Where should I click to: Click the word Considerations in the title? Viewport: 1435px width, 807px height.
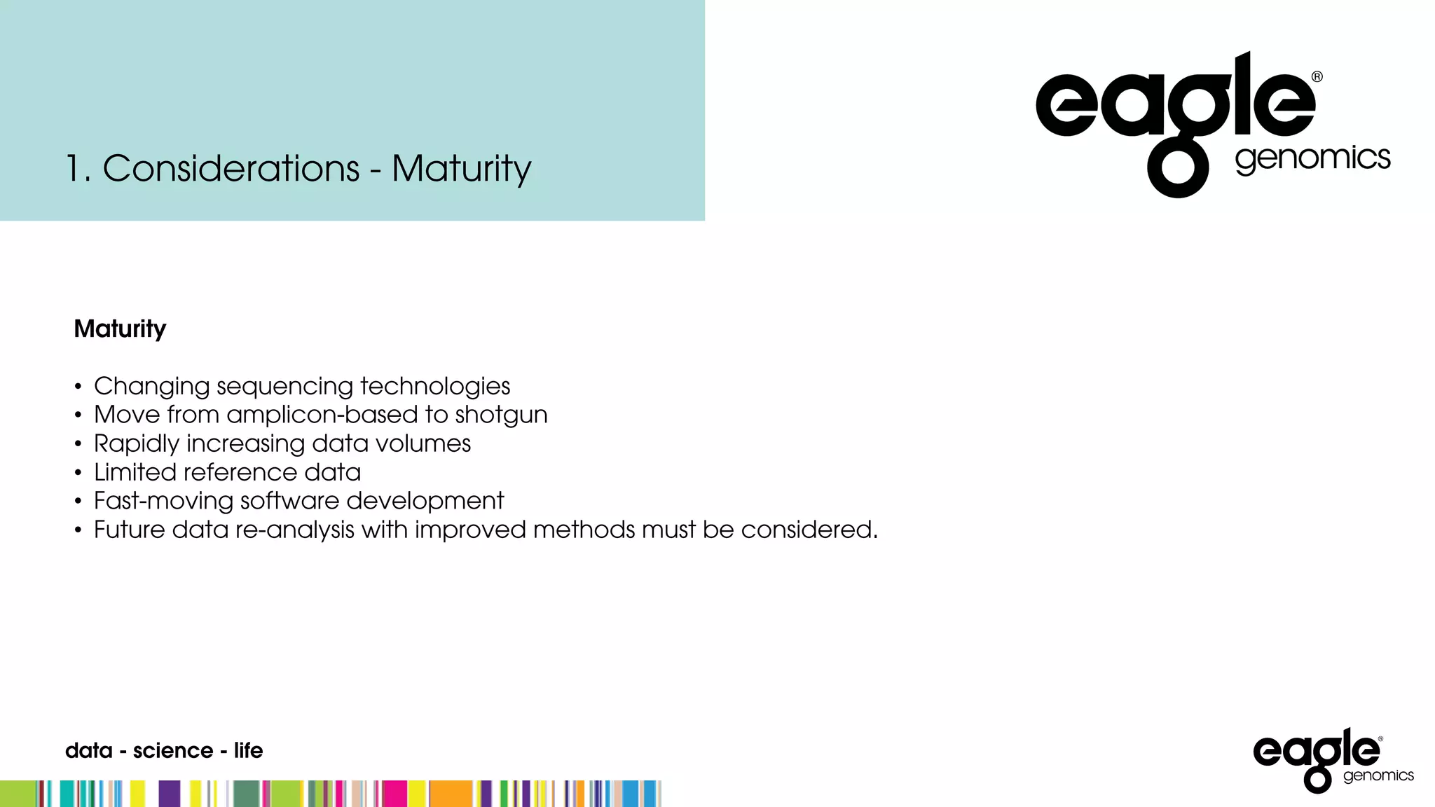[x=231, y=169]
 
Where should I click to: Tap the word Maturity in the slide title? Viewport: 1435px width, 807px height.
[x=461, y=170]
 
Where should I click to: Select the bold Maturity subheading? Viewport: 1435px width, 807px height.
[x=120, y=329]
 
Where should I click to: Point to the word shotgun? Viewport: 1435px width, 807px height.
[x=501, y=415]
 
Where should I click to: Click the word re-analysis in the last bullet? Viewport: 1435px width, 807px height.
[x=294, y=530]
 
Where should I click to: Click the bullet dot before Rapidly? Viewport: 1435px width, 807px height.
[x=78, y=444]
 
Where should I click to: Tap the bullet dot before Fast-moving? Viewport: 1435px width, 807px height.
[x=78, y=502]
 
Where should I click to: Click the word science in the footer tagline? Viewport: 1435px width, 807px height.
[x=173, y=751]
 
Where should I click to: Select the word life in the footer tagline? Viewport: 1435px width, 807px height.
[x=248, y=750]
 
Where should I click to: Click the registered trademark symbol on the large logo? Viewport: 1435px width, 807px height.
[x=1317, y=77]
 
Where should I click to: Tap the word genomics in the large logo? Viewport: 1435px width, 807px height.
[x=1312, y=159]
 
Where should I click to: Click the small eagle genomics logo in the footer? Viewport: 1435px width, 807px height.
[x=1332, y=760]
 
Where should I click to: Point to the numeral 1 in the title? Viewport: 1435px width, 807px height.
[x=74, y=169]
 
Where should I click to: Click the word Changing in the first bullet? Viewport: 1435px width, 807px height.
[x=151, y=387]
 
